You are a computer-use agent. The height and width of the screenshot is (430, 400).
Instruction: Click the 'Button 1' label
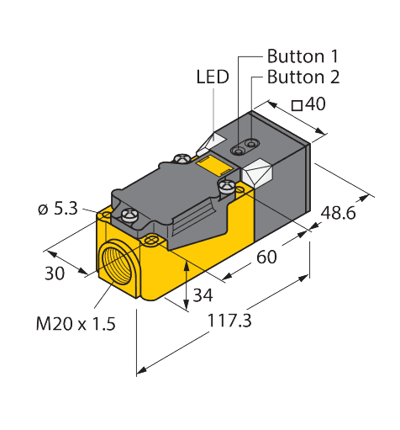303,57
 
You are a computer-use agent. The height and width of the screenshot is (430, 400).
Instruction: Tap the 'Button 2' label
303,77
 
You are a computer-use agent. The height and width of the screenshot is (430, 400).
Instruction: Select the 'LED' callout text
212,78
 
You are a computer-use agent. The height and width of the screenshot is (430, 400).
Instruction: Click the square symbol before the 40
297,106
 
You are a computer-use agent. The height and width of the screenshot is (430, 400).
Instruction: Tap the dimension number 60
266,257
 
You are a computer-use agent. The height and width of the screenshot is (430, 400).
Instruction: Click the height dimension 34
203,295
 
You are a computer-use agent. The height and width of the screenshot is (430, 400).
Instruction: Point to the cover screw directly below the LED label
182,157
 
